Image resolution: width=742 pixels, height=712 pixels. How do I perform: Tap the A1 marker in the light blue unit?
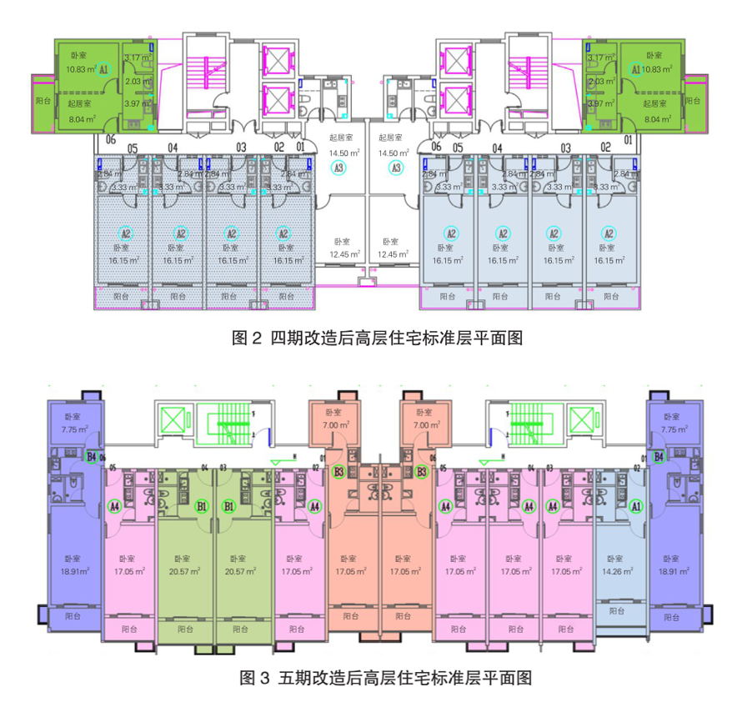pyautogui.click(x=635, y=506)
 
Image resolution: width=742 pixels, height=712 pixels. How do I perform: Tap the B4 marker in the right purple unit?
pyautogui.click(x=659, y=456)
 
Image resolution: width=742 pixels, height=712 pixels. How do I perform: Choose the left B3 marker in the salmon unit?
pyautogui.click(x=338, y=472)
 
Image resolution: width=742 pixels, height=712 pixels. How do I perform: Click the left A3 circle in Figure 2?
pyautogui.click(x=338, y=168)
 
